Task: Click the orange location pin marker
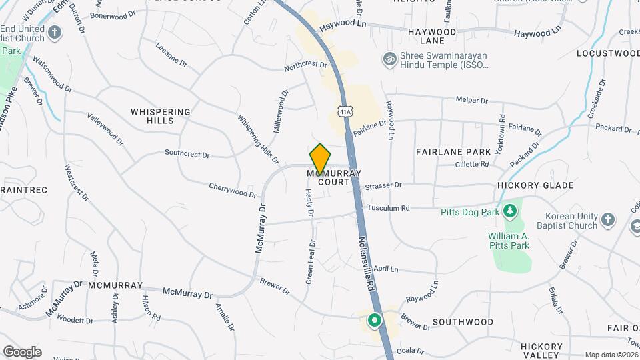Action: (x=320, y=159)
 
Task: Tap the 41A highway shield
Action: (x=344, y=110)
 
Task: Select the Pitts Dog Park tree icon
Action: (x=511, y=212)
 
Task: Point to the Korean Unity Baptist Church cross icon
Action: (x=607, y=220)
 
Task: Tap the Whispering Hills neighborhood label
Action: (x=161, y=116)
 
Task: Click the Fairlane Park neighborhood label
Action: (x=453, y=152)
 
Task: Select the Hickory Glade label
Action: (x=535, y=185)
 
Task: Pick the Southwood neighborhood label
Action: (x=463, y=322)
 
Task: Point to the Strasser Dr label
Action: (x=383, y=185)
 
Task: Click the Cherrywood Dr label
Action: (x=233, y=190)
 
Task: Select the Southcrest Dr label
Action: (x=187, y=155)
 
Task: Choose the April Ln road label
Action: (x=385, y=269)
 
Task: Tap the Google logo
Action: (x=22, y=351)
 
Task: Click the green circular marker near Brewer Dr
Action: (x=375, y=321)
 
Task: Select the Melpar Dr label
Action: (x=471, y=101)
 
